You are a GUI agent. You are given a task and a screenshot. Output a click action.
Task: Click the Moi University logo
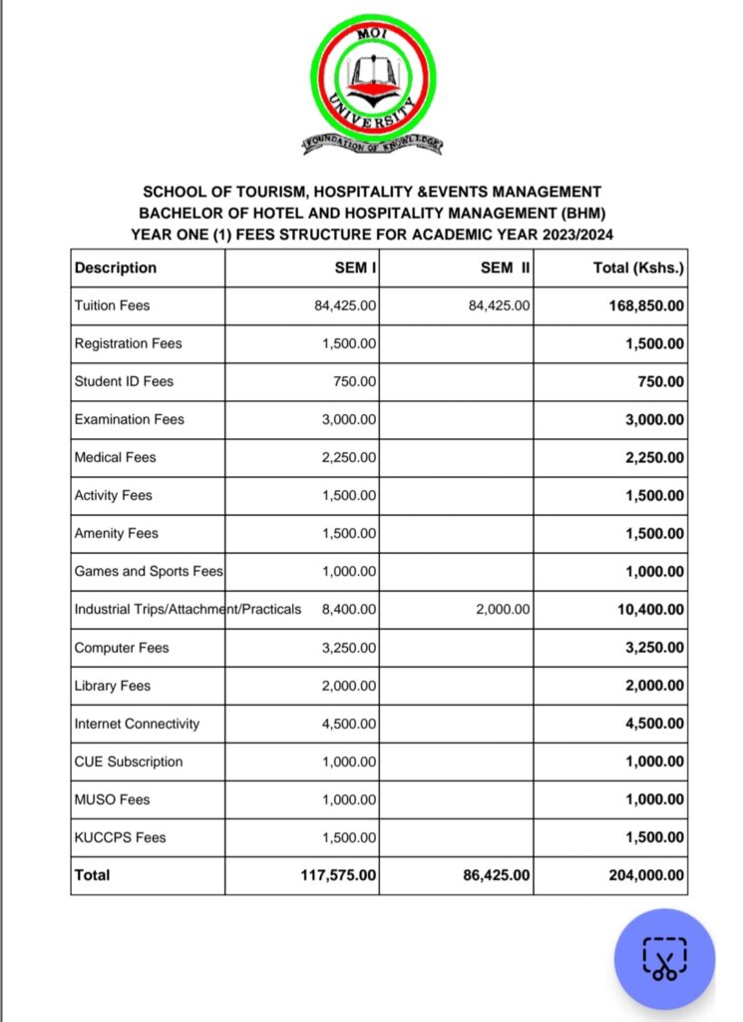(371, 84)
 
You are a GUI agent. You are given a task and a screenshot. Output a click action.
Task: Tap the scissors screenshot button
(664, 958)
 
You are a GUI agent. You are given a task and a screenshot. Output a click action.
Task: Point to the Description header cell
(116, 267)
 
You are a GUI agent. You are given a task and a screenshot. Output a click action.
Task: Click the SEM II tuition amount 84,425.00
(499, 305)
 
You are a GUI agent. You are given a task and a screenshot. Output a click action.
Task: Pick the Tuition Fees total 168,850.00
(646, 305)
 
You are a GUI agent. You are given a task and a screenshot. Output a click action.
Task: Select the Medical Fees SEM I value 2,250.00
(349, 457)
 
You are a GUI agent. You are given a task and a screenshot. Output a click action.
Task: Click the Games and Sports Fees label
(149, 572)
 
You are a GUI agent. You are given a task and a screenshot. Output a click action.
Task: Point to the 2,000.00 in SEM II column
(503, 610)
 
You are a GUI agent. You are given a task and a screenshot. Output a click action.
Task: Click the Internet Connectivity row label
(137, 724)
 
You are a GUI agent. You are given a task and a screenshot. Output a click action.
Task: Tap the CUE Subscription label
(129, 762)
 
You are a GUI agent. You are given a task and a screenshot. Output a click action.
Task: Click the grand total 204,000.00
(646, 875)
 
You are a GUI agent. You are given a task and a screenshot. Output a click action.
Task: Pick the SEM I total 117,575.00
(339, 875)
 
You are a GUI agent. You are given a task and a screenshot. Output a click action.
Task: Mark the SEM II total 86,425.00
(498, 875)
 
